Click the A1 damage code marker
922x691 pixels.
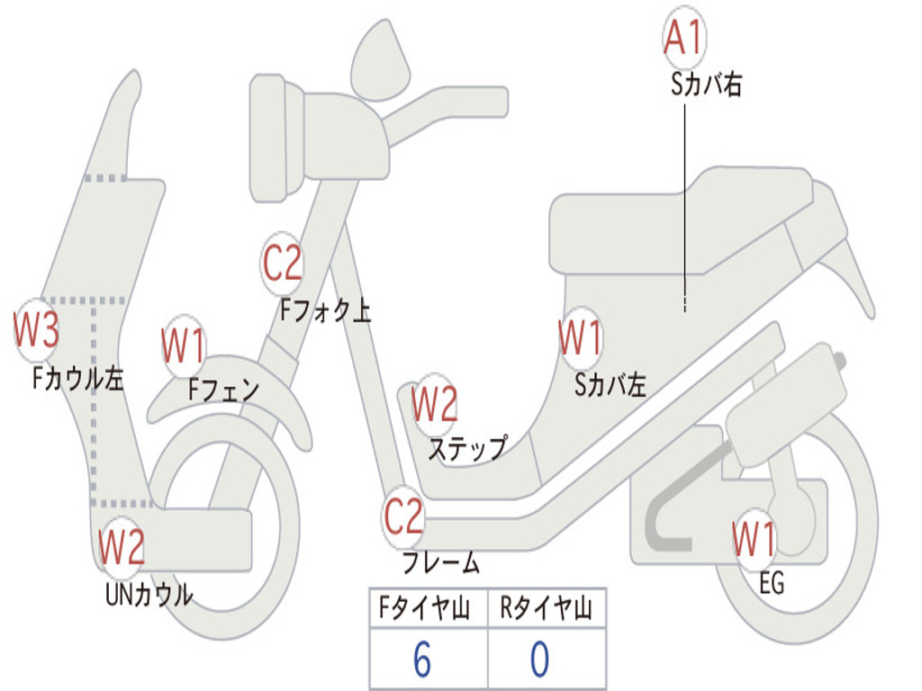683,38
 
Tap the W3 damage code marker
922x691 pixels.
37,329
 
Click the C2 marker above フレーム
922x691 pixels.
404,516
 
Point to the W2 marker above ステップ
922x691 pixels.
435,404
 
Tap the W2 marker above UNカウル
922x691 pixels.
122,546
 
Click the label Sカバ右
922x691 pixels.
706,85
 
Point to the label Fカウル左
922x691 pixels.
77,379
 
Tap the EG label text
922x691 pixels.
772,584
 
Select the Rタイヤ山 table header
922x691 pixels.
547,610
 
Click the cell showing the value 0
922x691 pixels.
540,660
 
